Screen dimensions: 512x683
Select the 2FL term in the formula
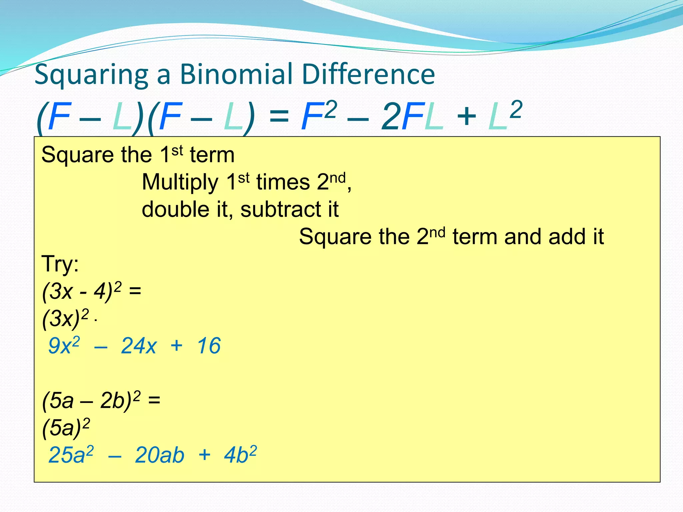[x=413, y=117]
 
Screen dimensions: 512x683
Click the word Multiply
[x=180, y=183]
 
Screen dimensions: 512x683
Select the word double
[x=175, y=210]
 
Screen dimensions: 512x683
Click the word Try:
[x=60, y=264]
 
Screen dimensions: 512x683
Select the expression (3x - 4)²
[x=82, y=291]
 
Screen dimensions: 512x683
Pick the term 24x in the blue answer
[x=138, y=346]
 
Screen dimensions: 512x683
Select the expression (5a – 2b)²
[x=91, y=401]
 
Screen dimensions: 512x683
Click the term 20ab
[x=159, y=455]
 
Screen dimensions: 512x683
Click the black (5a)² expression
[x=66, y=428]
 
